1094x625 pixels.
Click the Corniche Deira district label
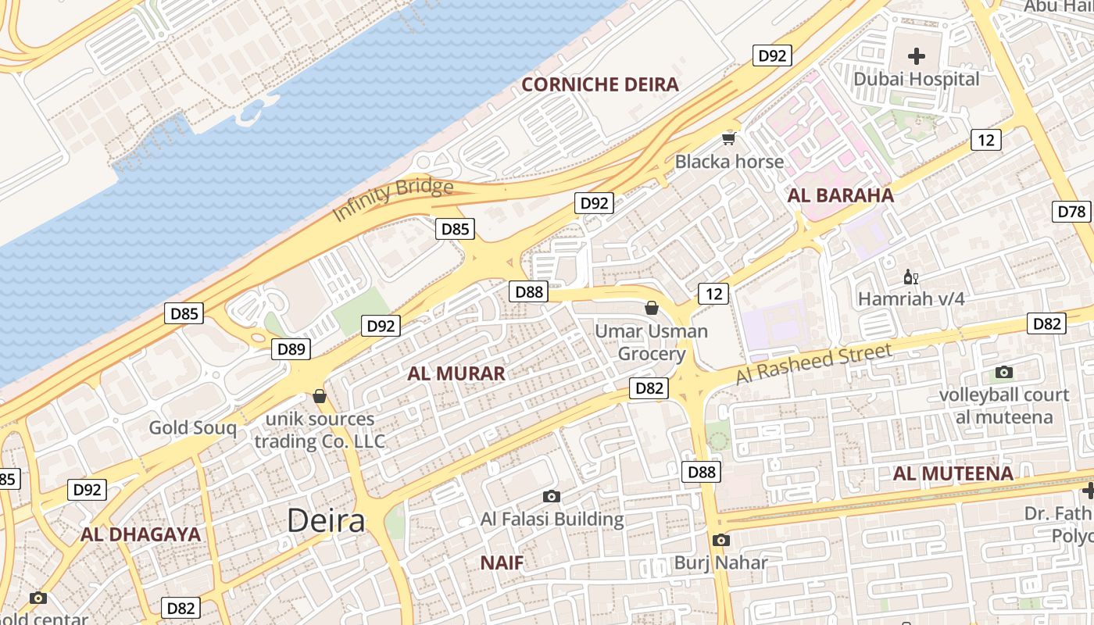tap(599, 84)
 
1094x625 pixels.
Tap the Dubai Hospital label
tap(916, 79)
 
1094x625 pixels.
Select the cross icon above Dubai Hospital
tap(917, 56)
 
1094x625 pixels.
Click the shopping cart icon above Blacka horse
tap(729, 139)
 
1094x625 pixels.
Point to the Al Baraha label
tap(840, 195)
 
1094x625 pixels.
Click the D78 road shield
tap(1071, 211)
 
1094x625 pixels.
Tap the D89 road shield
tap(291, 348)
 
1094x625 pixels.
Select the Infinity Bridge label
tap(393, 199)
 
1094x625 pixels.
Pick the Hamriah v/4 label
tap(911, 298)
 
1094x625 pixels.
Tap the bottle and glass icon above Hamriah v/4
tap(910, 277)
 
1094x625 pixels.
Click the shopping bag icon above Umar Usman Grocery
tap(652, 308)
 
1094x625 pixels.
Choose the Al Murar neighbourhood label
tap(456, 373)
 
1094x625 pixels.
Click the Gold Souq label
tap(192, 427)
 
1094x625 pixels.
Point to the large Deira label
tap(326, 520)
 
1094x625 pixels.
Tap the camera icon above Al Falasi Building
tap(552, 496)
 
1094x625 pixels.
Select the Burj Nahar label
tap(720, 562)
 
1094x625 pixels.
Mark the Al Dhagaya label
tap(141, 535)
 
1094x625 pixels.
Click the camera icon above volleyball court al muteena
tap(1004, 373)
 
